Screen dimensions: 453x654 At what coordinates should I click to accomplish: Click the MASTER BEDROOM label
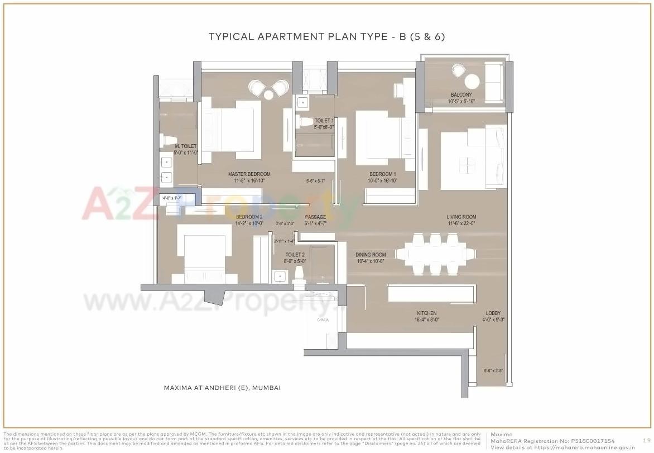point(249,174)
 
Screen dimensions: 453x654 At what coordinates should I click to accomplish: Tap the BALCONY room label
point(460,95)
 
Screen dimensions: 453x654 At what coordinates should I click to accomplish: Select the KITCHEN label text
point(426,313)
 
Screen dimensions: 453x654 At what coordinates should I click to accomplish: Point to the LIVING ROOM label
point(461,217)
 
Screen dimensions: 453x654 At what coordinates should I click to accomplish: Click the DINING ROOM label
point(371,255)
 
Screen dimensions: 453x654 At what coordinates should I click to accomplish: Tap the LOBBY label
point(493,313)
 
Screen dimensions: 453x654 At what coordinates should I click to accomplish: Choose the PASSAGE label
point(315,217)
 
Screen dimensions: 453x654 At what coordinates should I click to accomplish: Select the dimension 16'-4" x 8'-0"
point(426,320)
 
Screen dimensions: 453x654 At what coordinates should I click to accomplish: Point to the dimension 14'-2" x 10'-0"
point(249,224)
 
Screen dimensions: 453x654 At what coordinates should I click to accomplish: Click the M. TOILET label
point(185,146)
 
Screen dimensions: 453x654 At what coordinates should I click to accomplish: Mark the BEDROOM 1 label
point(382,174)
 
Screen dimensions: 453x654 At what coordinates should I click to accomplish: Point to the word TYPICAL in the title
point(232,37)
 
